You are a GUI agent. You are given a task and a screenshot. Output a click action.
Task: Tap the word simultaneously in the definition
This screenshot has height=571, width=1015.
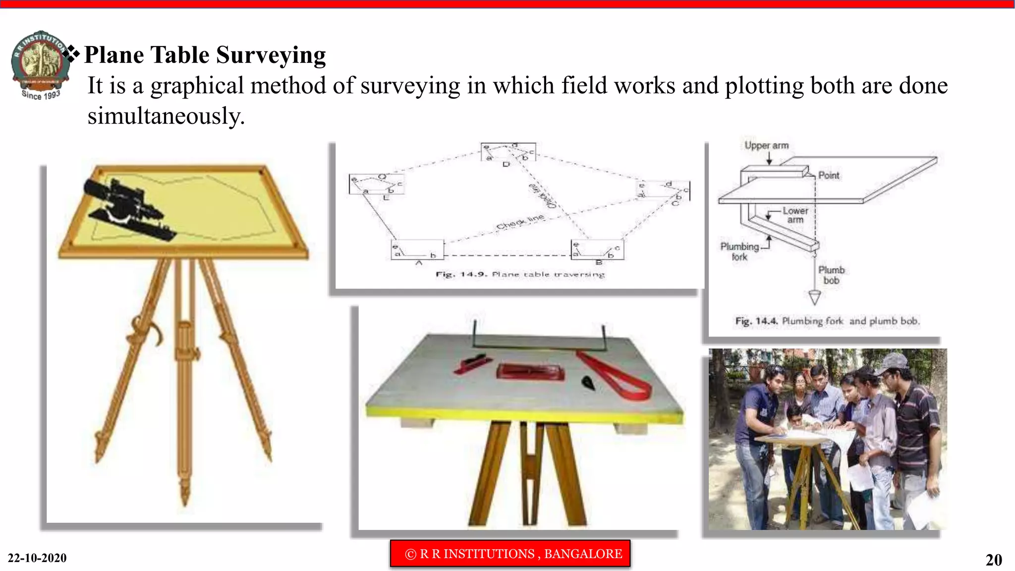pos(166,116)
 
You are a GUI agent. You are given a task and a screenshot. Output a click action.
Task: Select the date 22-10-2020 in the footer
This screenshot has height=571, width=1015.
pos(37,558)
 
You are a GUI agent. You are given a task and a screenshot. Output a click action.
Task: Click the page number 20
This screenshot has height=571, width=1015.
pos(993,560)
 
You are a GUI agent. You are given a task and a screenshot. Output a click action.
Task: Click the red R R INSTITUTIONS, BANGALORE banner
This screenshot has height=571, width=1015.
pos(510,554)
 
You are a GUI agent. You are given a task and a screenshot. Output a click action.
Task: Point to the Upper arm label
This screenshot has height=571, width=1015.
pos(766,146)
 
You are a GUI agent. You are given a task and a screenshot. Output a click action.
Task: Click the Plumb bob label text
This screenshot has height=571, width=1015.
pos(831,275)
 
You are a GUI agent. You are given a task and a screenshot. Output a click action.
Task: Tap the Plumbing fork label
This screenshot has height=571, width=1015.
pos(739,251)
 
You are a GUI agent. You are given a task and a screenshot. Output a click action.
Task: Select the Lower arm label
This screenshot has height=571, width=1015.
pos(795,215)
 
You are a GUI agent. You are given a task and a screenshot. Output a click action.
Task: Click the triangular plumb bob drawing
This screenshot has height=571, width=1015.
pos(815,297)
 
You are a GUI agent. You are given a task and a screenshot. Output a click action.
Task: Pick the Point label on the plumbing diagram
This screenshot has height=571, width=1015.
pos(829,175)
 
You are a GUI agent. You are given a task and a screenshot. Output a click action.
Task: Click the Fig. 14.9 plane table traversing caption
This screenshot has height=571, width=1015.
pos(520,275)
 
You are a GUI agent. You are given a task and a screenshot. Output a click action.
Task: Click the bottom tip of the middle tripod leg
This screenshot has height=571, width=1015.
pos(185,503)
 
